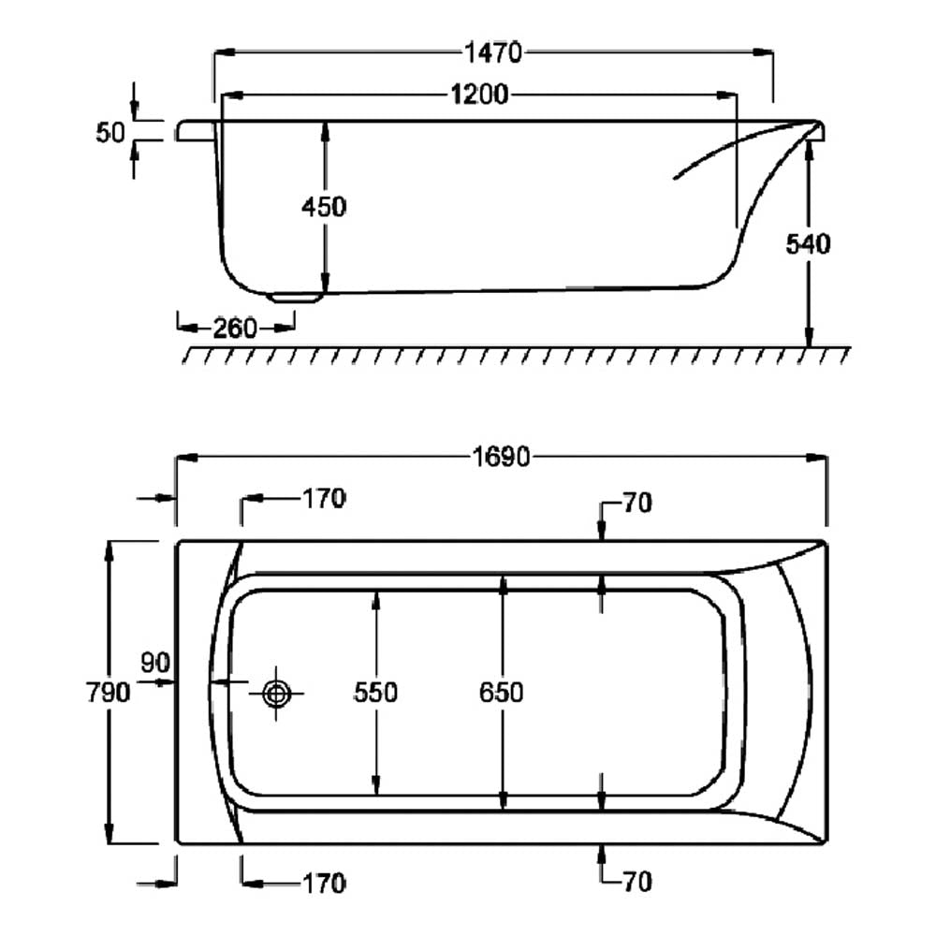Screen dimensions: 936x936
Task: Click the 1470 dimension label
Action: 493,53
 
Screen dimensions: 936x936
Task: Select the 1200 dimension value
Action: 479,95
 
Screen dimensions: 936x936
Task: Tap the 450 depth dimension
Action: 324,207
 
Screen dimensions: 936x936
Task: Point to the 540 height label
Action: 808,244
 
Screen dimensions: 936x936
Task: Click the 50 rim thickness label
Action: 110,133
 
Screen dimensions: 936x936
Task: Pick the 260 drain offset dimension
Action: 235,329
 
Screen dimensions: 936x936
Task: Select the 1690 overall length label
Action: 501,458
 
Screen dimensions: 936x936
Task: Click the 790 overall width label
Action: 108,693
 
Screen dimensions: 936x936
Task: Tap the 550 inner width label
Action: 375,693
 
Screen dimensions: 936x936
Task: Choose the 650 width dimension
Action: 502,693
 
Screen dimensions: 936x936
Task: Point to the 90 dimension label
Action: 155,663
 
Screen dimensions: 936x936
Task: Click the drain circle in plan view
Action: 276,694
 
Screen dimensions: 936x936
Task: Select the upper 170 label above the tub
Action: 324,499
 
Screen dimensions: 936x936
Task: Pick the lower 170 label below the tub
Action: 324,884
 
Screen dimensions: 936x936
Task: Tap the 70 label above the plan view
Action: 637,504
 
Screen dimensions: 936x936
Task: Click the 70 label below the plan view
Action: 637,883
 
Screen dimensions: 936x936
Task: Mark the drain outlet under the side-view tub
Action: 294,298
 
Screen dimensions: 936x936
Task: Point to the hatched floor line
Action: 517,355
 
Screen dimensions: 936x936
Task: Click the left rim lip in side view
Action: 197,131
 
